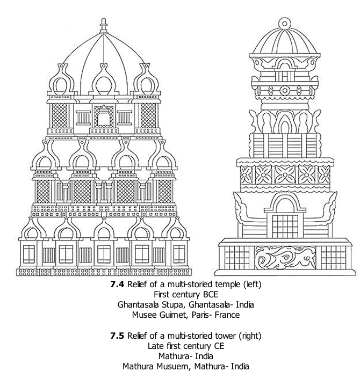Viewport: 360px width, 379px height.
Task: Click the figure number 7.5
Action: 117,336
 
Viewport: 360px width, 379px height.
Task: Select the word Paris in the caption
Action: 209,315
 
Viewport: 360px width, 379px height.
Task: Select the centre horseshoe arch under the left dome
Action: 104,79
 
